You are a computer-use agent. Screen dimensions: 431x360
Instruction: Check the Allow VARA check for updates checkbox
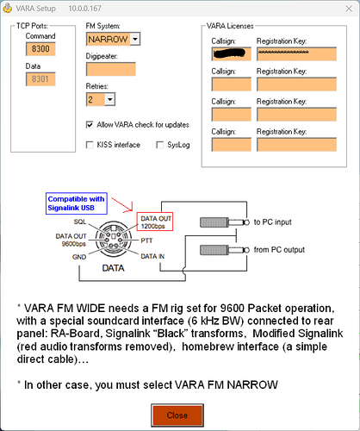(91, 124)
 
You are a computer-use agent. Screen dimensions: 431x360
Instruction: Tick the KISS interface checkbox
(91, 146)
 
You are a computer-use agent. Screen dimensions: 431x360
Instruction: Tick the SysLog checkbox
(160, 146)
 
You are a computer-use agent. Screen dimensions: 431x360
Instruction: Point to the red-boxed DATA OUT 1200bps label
(158, 223)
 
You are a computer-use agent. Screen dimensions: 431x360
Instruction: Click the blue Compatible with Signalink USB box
(77, 203)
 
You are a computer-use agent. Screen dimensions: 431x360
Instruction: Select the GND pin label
(78, 257)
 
